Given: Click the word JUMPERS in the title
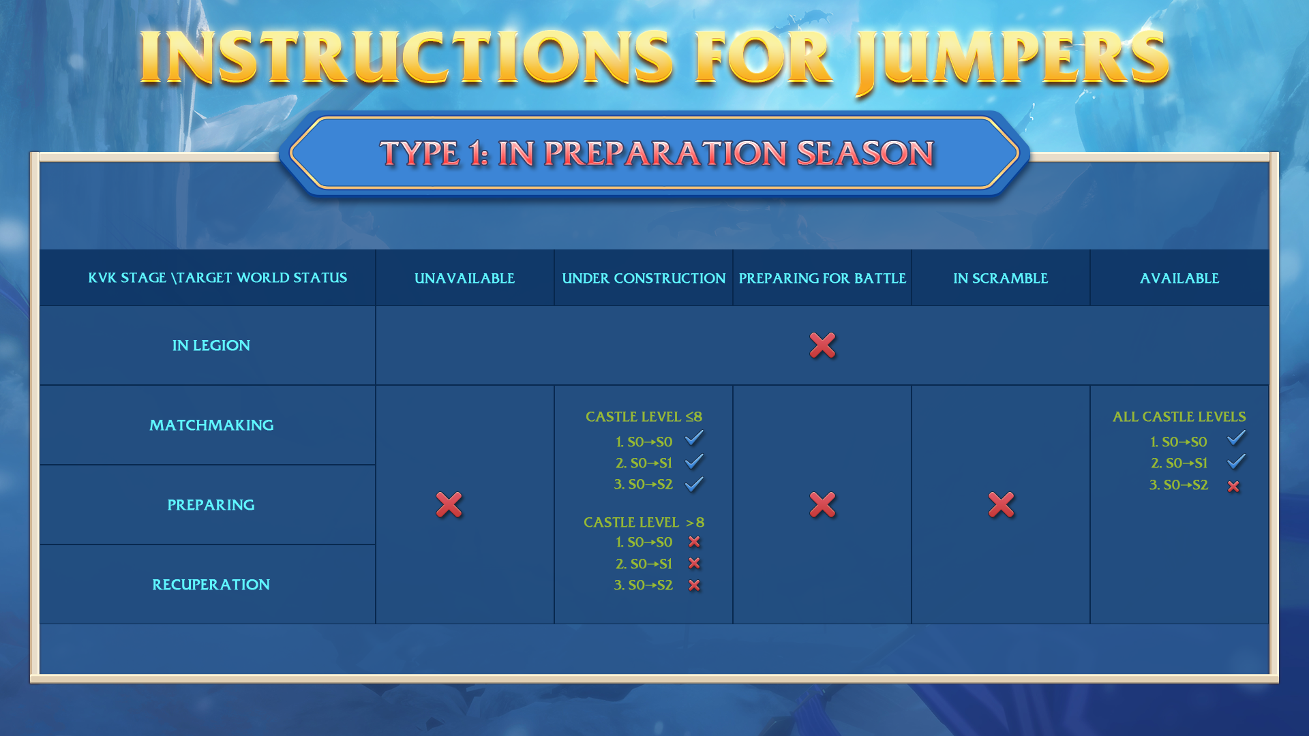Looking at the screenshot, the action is [1013, 60].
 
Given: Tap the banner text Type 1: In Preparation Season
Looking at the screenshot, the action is [657, 153].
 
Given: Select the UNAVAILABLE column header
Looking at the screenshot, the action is [464, 278].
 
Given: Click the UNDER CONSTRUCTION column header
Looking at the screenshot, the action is [644, 278].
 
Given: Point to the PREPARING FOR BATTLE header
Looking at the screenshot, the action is [822, 278].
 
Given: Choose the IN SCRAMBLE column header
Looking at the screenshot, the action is [1001, 278].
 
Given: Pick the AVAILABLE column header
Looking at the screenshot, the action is [1179, 278].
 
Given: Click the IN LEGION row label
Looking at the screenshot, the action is [211, 346].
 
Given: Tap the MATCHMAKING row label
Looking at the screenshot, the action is [211, 425].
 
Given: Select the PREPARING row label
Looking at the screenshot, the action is [211, 505].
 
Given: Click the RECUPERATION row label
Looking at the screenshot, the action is [211, 585].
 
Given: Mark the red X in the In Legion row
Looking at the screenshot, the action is [822, 346].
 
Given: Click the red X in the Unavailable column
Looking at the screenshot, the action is [449, 505].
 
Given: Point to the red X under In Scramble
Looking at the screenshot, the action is [1001, 505].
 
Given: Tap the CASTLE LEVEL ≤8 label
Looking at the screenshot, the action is [644, 416].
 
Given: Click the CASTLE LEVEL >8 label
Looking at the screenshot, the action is [644, 522].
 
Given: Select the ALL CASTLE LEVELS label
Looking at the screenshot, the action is [1179, 416].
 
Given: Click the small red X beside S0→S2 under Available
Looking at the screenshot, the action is [1233, 486].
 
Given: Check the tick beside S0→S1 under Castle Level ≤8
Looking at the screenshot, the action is [694, 462].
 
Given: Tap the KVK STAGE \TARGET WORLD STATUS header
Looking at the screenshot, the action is [217, 278].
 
